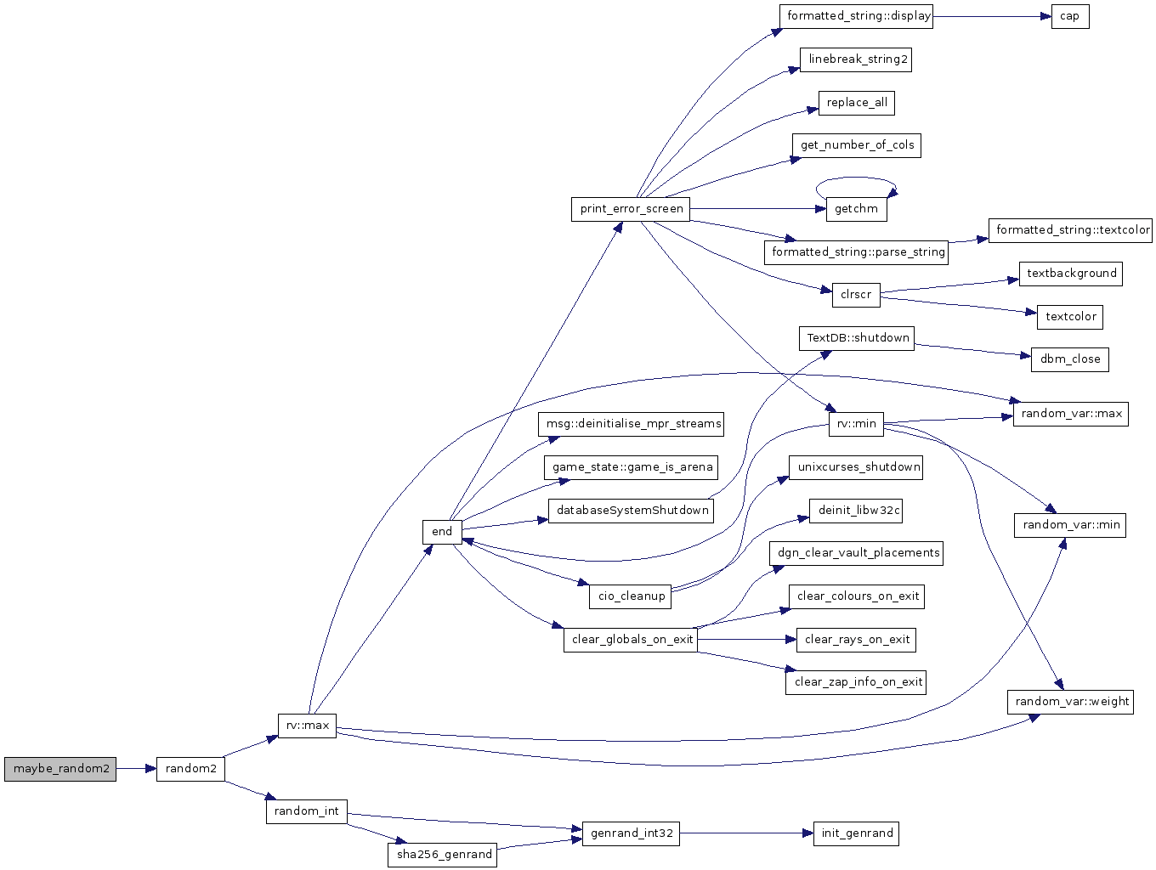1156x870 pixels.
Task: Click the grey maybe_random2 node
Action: click(x=60, y=769)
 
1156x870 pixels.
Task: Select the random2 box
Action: click(x=190, y=769)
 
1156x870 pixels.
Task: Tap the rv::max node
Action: click(x=307, y=726)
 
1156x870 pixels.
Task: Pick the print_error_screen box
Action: click(x=631, y=209)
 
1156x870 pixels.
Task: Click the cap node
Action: click(x=1070, y=16)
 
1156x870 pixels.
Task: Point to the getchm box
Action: click(x=856, y=209)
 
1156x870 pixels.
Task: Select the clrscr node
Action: click(x=856, y=295)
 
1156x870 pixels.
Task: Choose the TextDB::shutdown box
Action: click(x=857, y=338)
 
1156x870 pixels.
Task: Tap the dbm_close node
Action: click(x=1070, y=359)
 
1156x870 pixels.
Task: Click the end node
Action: click(x=442, y=532)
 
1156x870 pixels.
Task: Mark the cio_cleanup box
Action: click(x=631, y=596)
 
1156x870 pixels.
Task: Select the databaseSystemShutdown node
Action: click(x=631, y=511)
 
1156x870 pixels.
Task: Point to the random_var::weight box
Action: click(x=1071, y=702)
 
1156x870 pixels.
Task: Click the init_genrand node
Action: click(x=856, y=833)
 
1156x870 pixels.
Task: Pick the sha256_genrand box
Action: click(x=442, y=855)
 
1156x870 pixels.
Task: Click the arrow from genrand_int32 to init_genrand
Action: click(x=747, y=833)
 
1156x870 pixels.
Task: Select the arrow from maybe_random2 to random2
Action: click(x=136, y=769)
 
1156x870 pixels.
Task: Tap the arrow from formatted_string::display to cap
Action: click(x=992, y=16)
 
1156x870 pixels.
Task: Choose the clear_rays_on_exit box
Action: click(x=856, y=640)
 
